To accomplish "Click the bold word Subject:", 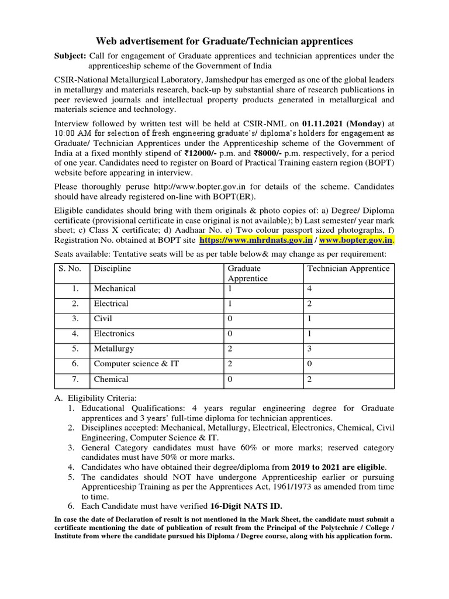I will coord(70,56).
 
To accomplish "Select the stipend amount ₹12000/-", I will coord(216,153).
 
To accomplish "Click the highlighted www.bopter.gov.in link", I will coord(356,240).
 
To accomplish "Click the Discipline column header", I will coord(112,268).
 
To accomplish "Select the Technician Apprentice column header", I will coord(348,268).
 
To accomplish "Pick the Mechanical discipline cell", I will coord(115,288).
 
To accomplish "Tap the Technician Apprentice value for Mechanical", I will coord(310,288).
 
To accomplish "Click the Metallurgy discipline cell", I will coord(114,349).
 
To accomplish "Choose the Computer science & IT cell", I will coord(136,364).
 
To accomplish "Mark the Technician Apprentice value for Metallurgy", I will coord(310,349).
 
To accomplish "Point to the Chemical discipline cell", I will coord(111,379).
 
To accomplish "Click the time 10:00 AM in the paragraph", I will coord(72,134).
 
